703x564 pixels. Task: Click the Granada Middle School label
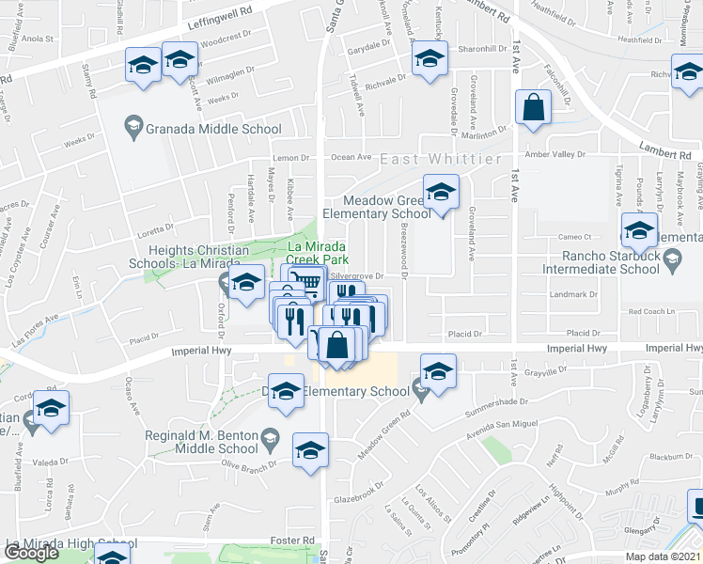(212, 130)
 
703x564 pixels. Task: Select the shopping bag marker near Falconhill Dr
(533, 109)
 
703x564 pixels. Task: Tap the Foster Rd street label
(294, 540)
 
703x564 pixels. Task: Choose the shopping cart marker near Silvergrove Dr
(305, 281)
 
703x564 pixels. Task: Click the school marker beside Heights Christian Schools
(247, 284)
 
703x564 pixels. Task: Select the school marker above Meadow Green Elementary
(439, 194)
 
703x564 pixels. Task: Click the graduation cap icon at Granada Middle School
(133, 129)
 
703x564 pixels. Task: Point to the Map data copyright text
(664, 556)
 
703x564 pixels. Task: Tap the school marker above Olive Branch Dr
(309, 451)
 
